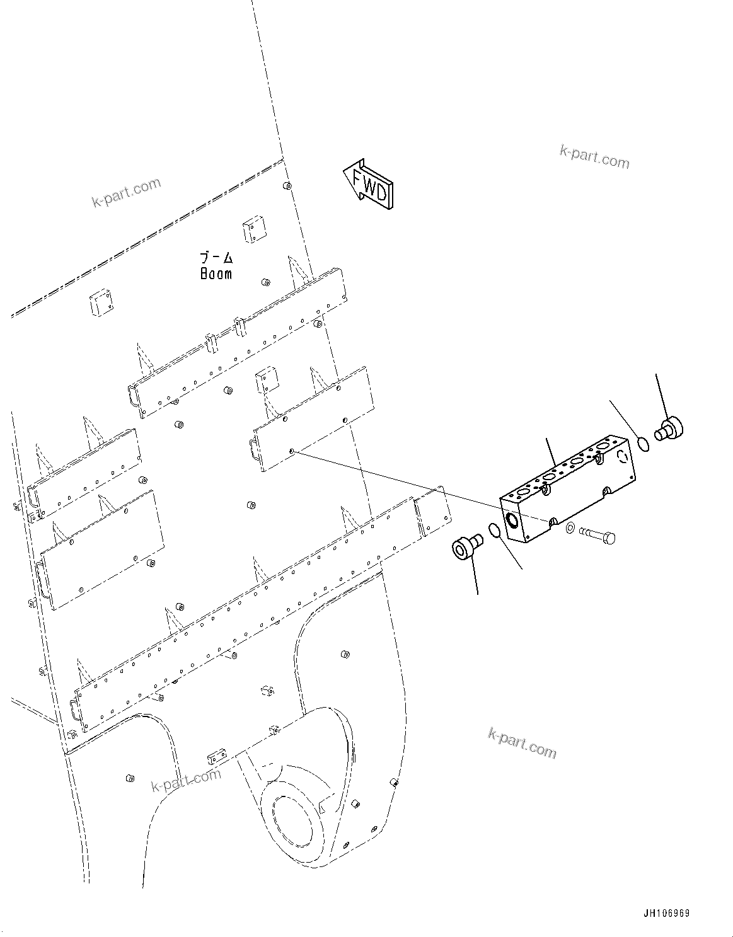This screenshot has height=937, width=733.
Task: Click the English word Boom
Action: [216, 274]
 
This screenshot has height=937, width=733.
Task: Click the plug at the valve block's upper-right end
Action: [671, 430]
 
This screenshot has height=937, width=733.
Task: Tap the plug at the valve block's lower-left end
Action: [466, 546]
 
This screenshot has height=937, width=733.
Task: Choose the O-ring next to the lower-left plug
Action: [495, 531]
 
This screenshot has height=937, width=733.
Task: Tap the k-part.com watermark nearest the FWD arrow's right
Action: [594, 158]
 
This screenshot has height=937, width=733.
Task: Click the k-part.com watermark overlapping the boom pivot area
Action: [187, 780]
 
